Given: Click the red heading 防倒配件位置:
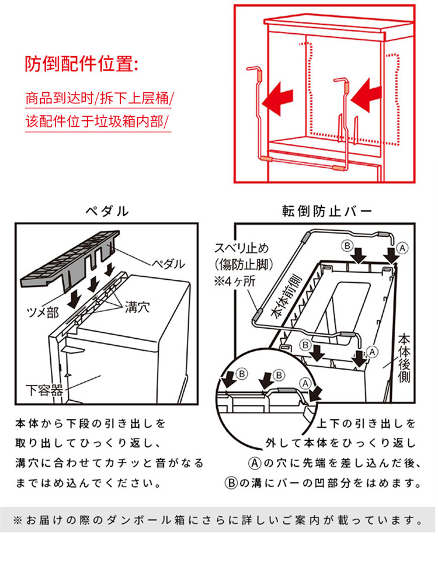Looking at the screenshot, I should coord(82,64).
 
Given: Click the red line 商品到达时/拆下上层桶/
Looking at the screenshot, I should coord(100,97).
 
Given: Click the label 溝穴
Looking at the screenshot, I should coord(137,307).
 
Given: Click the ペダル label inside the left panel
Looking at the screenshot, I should coord(166,264).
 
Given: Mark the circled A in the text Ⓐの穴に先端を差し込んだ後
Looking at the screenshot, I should coord(254,464).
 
